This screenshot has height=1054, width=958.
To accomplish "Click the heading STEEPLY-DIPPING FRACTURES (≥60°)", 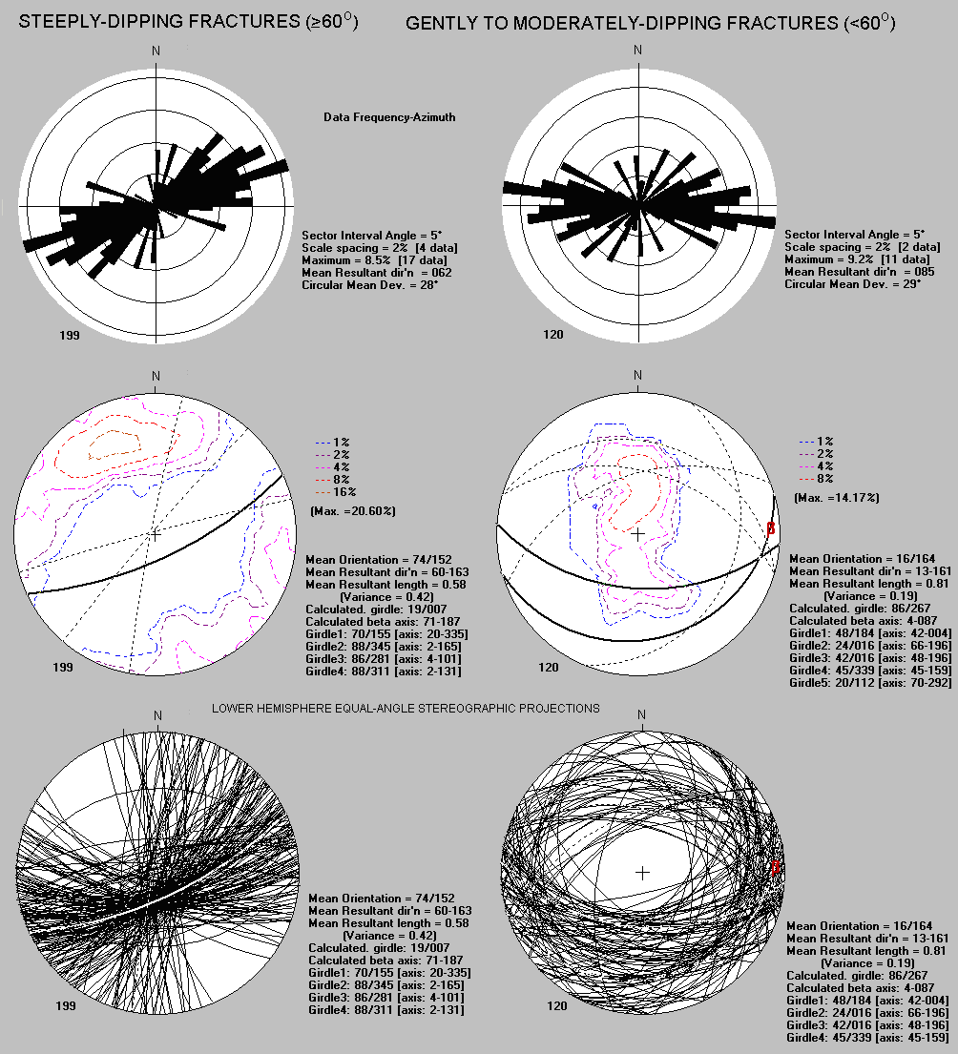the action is (x=188, y=21).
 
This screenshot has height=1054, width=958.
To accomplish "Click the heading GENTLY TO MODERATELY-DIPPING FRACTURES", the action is (x=650, y=23).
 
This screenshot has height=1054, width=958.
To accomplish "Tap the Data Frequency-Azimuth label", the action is (x=389, y=117).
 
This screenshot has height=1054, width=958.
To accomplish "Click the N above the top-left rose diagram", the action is (x=156, y=52).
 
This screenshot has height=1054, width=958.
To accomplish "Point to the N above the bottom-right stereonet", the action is (x=641, y=714).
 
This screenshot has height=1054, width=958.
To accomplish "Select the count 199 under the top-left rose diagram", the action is (x=70, y=335).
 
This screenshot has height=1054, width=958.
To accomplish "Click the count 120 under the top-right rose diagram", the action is (x=553, y=334).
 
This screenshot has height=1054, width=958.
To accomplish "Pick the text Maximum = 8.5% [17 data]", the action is (x=374, y=260).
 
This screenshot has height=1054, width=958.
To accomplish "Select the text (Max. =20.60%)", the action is (x=353, y=511).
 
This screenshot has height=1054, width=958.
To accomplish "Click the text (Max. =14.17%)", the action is (x=836, y=497).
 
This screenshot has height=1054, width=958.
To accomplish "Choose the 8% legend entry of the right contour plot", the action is (x=817, y=479).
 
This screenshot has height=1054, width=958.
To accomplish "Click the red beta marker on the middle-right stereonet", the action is (x=770, y=528).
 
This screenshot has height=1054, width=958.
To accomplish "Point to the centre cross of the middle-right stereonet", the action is (x=637, y=534).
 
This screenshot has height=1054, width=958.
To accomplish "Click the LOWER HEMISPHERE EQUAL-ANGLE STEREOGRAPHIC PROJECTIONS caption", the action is (x=406, y=709).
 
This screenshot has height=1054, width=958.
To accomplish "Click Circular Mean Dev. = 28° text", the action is (x=370, y=285).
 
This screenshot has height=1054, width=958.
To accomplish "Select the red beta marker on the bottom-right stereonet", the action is (x=775, y=867).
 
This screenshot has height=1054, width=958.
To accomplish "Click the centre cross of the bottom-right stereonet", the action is (x=643, y=873).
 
